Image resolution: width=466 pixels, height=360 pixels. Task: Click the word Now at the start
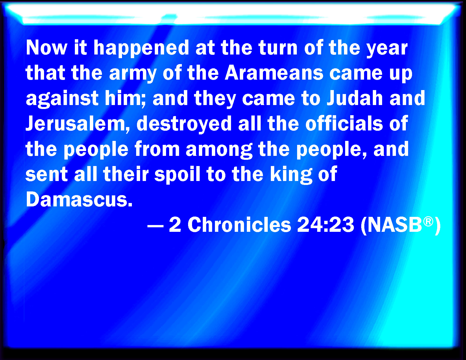pyautogui.click(x=47, y=48)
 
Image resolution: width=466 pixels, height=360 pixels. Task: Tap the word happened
pyautogui.click(x=141, y=49)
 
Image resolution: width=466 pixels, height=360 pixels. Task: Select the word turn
pyautogui.click(x=278, y=48)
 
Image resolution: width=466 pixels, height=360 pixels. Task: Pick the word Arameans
pyautogui.click(x=274, y=73)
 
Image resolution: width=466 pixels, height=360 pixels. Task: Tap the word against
pyautogui.click(x=62, y=99)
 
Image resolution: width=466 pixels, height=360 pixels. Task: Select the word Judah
pyautogui.click(x=355, y=98)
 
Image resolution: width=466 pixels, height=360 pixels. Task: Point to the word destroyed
pyautogui.click(x=184, y=124)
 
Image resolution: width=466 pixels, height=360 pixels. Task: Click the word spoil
pyautogui.click(x=177, y=174)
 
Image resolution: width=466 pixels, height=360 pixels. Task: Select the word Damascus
pyautogui.click(x=79, y=199)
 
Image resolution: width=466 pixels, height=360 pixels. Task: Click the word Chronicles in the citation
pyautogui.click(x=239, y=224)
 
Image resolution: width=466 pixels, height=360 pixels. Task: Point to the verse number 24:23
pyautogui.click(x=326, y=225)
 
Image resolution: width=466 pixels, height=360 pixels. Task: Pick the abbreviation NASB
pyautogui.click(x=395, y=225)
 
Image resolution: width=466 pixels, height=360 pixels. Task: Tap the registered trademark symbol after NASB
pyautogui.click(x=428, y=221)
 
